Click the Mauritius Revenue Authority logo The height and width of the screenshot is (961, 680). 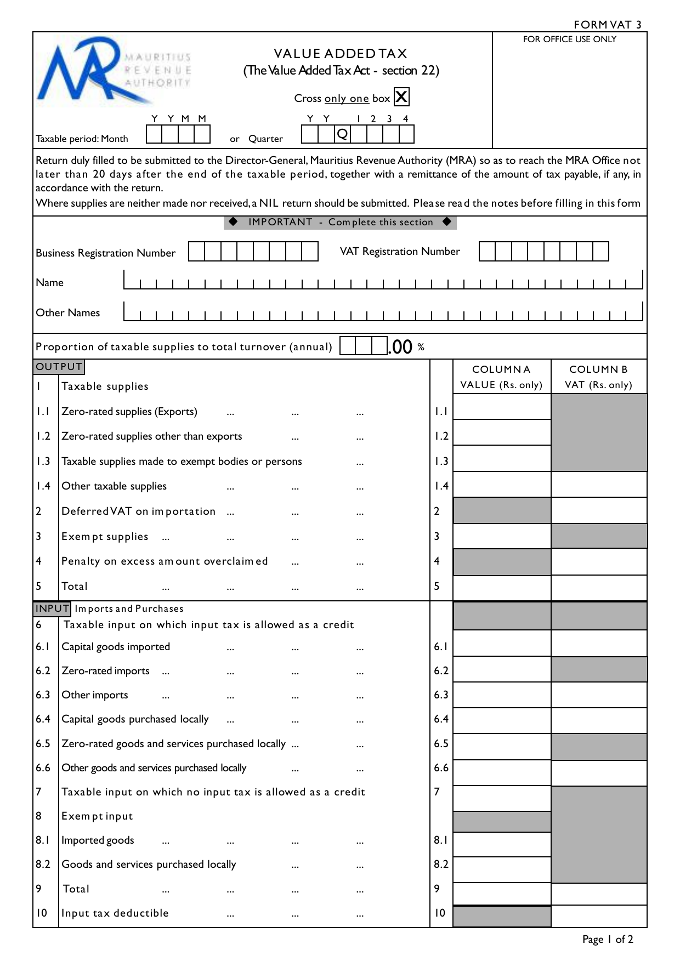click(114, 74)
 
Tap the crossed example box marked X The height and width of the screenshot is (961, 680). click(401, 97)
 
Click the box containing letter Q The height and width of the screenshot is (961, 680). click(342, 134)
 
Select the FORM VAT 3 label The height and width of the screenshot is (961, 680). click(607, 25)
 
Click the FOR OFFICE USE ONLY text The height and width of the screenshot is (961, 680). click(569, 39)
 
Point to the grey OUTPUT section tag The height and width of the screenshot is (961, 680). click(59, 367)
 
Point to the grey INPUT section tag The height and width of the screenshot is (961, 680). click(52, 609)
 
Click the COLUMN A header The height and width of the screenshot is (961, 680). click(501, 369)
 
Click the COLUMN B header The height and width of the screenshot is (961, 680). click(598, 369)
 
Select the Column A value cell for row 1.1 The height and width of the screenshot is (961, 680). click(502, 407)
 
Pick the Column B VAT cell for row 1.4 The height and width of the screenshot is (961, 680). click(599, 485)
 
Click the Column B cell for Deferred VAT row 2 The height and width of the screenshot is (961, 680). click(599, 510)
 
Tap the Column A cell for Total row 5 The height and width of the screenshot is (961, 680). click(502, 588)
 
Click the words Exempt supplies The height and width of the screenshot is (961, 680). click(105, 537)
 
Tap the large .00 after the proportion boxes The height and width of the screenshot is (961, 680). click(400, 347)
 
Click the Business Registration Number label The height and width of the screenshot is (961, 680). click(105, 253)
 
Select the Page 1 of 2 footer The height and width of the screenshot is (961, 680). click(608, 940)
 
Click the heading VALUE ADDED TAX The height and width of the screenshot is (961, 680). click(341, 54)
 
